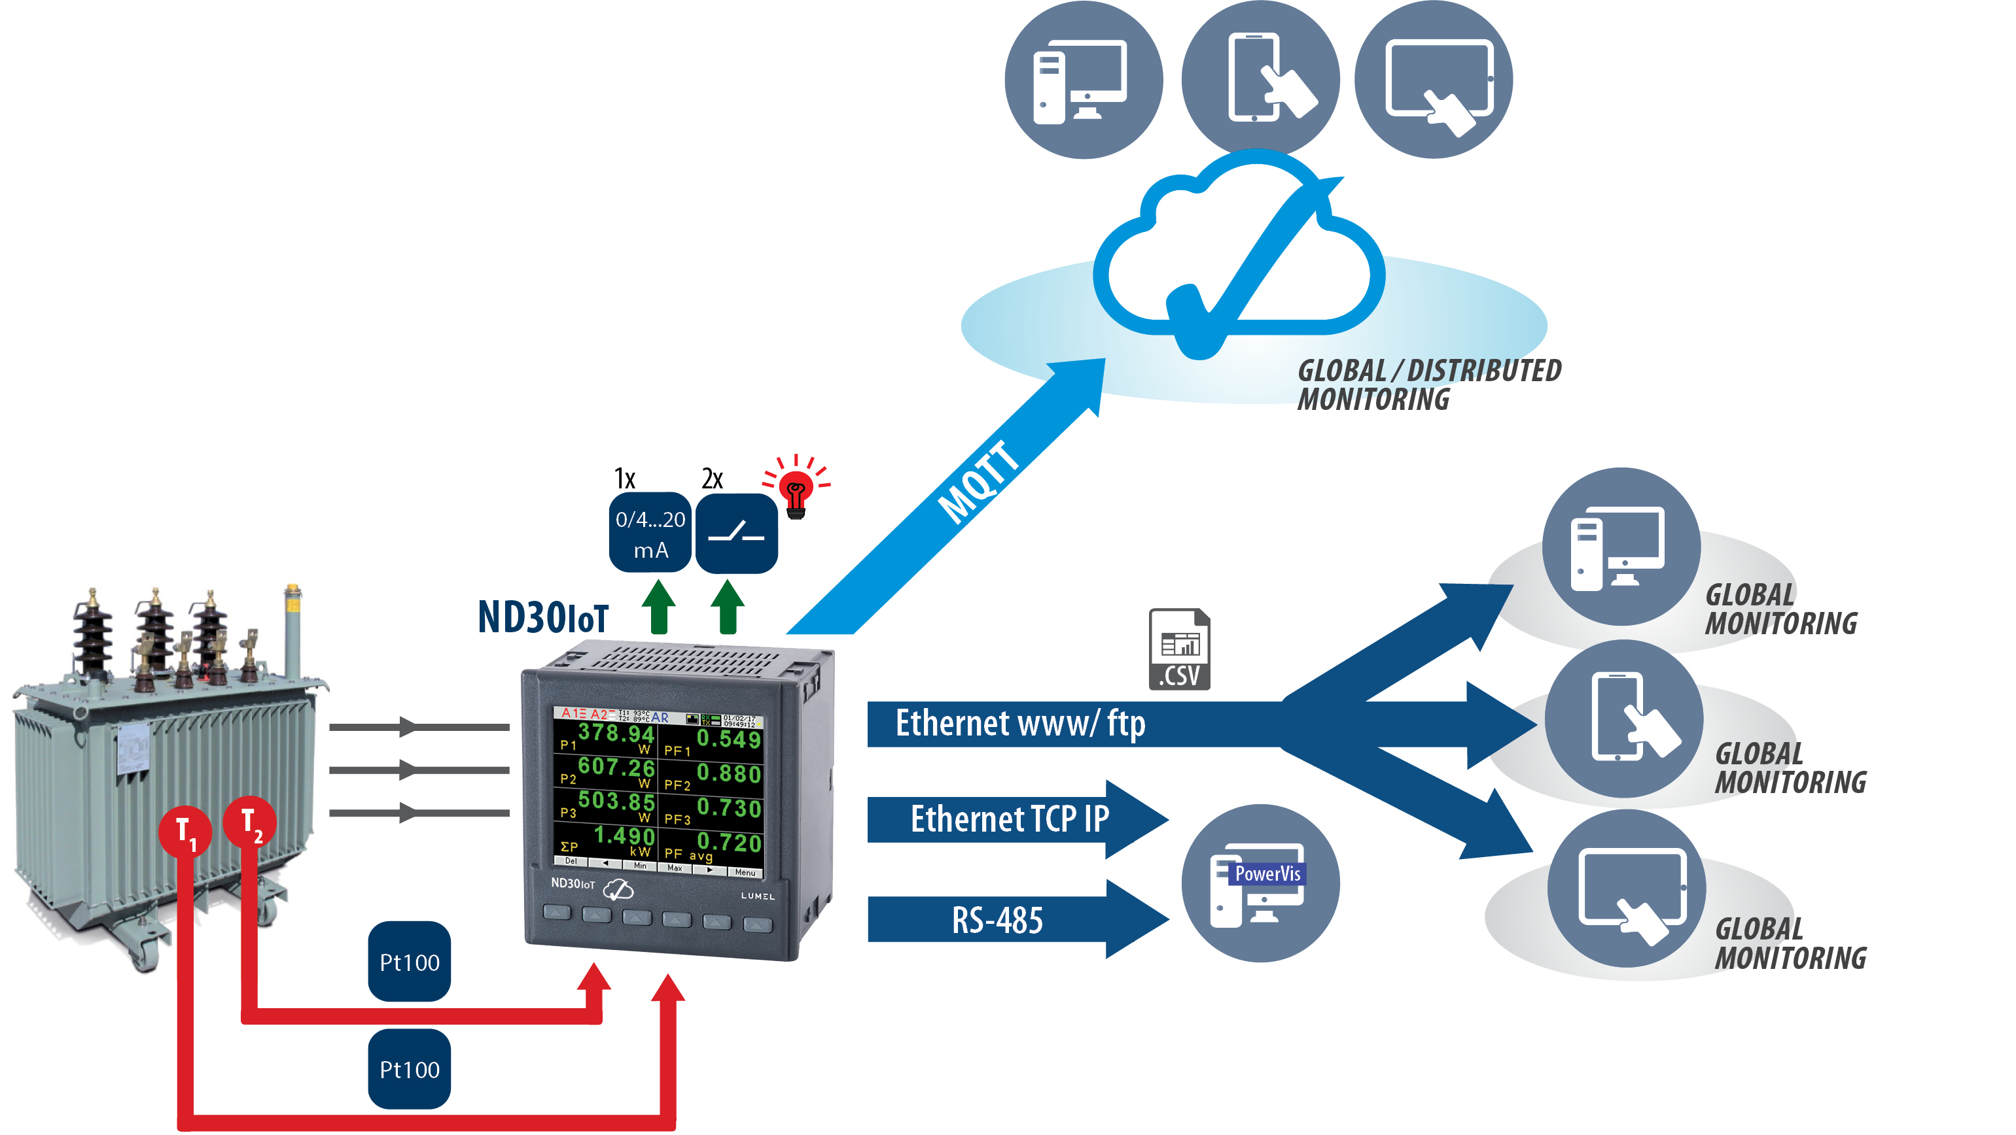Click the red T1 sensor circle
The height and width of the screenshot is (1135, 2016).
[x=185, y=832]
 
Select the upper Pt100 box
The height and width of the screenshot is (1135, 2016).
[x=410, y=961]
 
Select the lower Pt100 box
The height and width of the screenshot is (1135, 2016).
[x=410, y=1068]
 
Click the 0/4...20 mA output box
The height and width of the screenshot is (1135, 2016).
[x=650, y=533]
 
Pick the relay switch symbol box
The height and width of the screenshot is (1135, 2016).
[x=735, y=534]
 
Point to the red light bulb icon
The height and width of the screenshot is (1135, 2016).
[x=796, y=490]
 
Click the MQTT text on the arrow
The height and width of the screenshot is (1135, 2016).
[x=978, y=482]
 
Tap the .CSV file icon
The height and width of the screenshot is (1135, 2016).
[x=1178, y=649]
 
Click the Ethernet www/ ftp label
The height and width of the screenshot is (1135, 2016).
[x=1019, y=724]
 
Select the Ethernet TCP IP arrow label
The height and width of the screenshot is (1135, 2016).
[x=1009, y=819]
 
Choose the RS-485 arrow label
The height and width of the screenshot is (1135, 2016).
[x=997, y=920]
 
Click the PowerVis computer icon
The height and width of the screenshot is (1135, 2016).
[x=1260, y=884]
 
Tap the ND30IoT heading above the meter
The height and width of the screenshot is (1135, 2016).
[x=542, y=617]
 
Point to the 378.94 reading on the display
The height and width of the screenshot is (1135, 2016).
[x=615, y=733]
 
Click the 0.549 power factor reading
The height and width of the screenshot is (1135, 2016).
[x=728, y=738]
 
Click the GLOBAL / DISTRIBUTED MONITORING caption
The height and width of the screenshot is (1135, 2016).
[x=1428, y=384]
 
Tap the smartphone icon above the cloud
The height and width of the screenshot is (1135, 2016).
[x=1260, y=78]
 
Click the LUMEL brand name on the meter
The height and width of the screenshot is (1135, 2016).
[x=757, y=896]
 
